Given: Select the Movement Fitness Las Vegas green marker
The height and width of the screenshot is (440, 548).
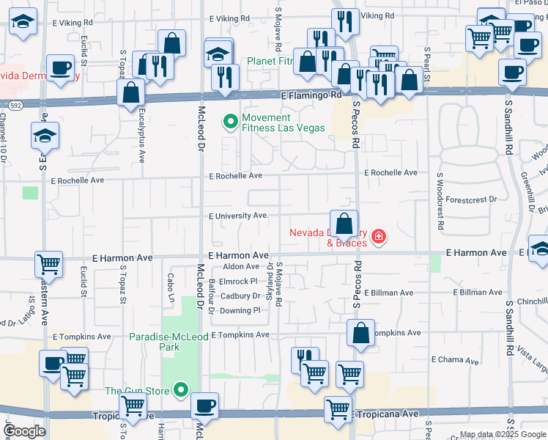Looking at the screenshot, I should (231, 122).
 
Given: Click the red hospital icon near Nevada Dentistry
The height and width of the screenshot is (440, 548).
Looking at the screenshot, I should (378, 236).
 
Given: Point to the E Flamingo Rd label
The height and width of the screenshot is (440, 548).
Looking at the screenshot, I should (311, 95).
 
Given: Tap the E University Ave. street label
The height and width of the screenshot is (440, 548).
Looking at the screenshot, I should (239, 216).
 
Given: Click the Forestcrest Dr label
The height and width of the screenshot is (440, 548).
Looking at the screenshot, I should (471, 199).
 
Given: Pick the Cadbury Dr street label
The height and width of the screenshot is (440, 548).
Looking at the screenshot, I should (241, 296).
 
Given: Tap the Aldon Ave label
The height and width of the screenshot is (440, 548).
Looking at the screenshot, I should (241, 266).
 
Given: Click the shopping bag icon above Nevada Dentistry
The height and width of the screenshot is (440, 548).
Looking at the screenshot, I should (344, 224).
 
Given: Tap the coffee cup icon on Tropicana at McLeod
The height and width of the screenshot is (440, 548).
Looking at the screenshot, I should (204, 406).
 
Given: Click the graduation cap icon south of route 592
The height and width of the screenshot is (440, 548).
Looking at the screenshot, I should (45, 136).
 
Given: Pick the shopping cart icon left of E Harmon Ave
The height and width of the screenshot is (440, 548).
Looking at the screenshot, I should (49, 263).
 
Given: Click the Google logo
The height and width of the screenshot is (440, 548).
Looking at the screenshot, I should (25, 431).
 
